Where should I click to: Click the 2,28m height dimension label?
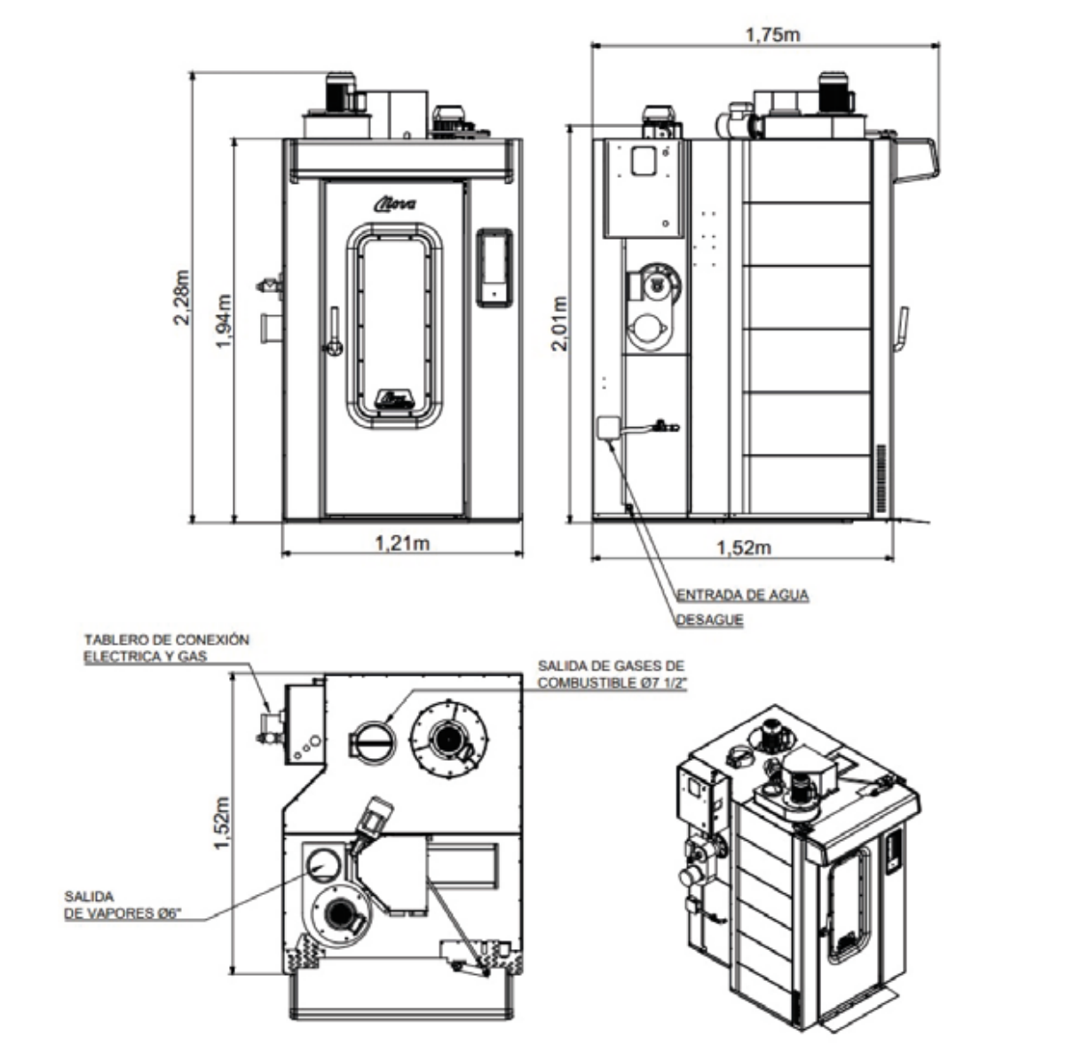183,297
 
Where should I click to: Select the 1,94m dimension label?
224,321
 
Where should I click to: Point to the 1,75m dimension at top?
771,35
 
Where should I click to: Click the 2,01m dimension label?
559,323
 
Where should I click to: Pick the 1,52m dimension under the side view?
743,547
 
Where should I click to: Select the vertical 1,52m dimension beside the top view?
223,821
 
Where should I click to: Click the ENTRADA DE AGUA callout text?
742,595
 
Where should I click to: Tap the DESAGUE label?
709,620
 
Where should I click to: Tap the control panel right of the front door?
494,267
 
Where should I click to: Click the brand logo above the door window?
393,206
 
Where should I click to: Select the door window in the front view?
394,325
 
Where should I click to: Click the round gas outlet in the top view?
370,739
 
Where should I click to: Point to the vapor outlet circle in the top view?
323,863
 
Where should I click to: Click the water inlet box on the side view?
610,429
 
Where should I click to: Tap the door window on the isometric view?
847,906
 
